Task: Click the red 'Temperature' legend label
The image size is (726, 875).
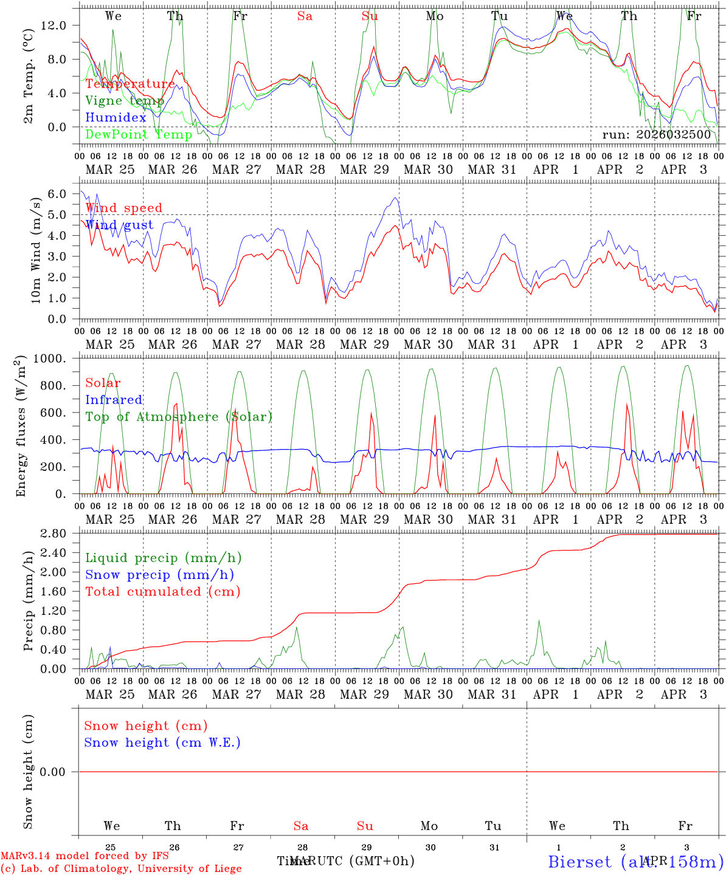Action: click(130, 84)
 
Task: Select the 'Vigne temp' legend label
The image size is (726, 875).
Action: click(124, 101)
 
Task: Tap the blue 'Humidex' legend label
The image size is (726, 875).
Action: click(116, 118)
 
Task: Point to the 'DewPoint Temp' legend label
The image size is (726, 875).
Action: click(139, 135)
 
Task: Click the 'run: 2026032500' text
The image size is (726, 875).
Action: click(656, 135)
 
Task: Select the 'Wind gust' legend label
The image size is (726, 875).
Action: click(119, 225)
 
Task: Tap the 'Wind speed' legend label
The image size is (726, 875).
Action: click(123, 208)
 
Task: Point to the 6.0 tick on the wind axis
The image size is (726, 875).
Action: click(57, 194)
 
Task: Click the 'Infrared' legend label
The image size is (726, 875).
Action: click(114, 400)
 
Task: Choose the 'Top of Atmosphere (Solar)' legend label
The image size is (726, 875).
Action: click(178, 417)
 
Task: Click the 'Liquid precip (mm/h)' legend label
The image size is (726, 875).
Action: click(163, 558)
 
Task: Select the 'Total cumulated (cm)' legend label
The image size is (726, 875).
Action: click(162, 592)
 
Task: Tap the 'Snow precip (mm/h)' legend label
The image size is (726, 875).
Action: click(159, 575)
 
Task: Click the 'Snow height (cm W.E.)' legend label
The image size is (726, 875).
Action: click(162, 743)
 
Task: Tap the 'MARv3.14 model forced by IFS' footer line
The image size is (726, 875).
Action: click(85, 856)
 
